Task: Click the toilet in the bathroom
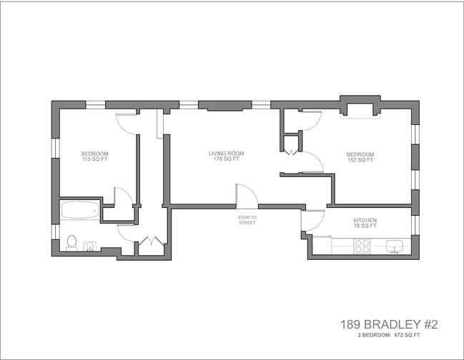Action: coord(71,243)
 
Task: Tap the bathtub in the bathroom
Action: coord(80,210)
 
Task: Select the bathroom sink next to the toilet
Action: coord(90,246)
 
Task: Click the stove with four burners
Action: coord(362,246)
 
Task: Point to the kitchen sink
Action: coord(394,246)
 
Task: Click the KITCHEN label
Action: coord(365,220)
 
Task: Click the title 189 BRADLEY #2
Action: coord(389,324)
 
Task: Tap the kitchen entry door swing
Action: coord(312,220)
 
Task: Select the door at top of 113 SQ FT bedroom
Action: coord(127,123)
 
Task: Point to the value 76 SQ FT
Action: coord(365,226)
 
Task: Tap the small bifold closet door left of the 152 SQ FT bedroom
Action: coord(291,151)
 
